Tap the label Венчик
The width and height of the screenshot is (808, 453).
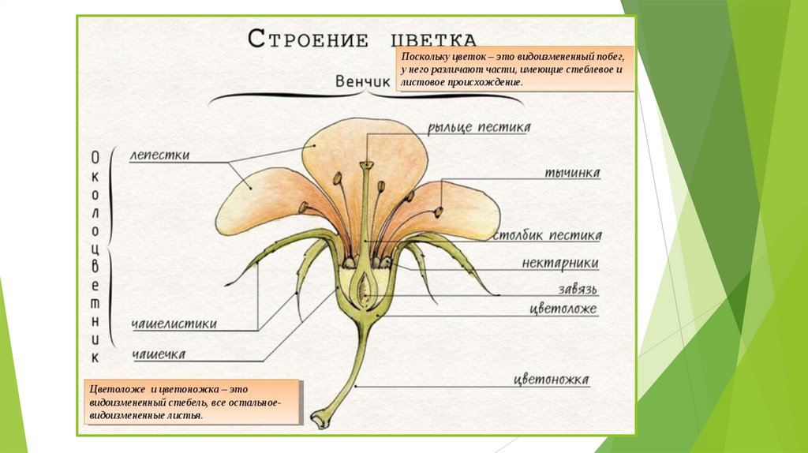pos(363,82)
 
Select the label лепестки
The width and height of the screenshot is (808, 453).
pos(160,155)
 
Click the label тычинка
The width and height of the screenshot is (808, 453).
pos(572,173)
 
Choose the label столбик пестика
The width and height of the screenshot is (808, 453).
pos(547,235)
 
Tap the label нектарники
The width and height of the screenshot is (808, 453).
pos(560,263)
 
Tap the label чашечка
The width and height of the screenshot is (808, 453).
pos(159,354)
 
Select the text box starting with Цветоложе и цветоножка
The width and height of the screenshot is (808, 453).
pos(194,402)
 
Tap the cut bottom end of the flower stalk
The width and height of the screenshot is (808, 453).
pos(317,421)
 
